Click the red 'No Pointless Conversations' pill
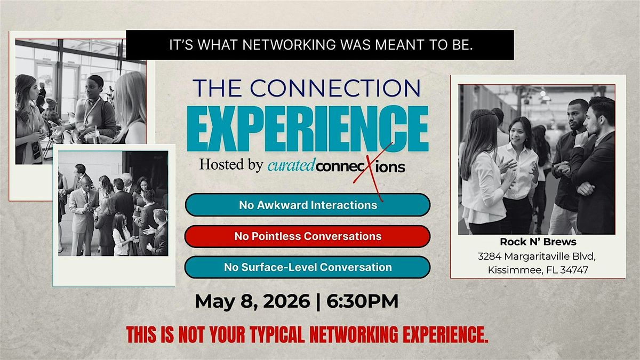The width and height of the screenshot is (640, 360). [x=307, y=236]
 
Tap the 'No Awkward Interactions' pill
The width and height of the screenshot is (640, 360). [x=307, y=205]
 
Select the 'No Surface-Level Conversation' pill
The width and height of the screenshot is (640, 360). [x=307, y=267]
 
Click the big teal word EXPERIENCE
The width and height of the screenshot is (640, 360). [x=308, y=129]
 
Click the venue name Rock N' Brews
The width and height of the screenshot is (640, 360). [x=538, y=242]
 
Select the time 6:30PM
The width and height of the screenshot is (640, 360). [x=362, y=301]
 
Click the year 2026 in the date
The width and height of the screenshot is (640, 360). [x=286, y=301]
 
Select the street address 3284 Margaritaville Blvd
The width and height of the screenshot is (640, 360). [x=537, y=257]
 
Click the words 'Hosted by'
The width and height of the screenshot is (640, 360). [x=231, y=165]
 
